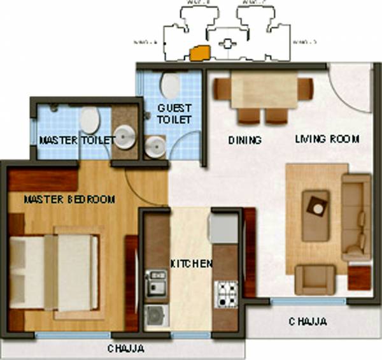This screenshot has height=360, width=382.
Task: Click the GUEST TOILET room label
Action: click(174, 115)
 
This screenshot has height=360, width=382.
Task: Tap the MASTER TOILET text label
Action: click(77, 140)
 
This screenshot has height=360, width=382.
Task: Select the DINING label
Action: click(244, 140)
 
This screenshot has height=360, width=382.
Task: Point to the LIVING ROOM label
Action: click(327, 138)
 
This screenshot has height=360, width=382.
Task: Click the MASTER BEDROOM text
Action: click(69, 199)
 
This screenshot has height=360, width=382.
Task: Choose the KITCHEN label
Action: click(191, 263)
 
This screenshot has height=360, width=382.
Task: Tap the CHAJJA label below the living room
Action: click(308, 322)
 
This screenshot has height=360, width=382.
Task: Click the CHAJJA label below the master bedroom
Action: click(125, 348)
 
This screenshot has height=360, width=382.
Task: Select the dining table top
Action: click(263, 92)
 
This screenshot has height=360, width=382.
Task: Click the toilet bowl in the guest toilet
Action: click(170, 83)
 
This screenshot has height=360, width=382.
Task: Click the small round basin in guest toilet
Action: click(153, 147)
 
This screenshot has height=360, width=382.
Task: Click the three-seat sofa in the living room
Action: click(356, 217)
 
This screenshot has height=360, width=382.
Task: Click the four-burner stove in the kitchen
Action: click(225, 293)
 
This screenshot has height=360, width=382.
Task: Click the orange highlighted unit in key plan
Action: click(200, 53)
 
